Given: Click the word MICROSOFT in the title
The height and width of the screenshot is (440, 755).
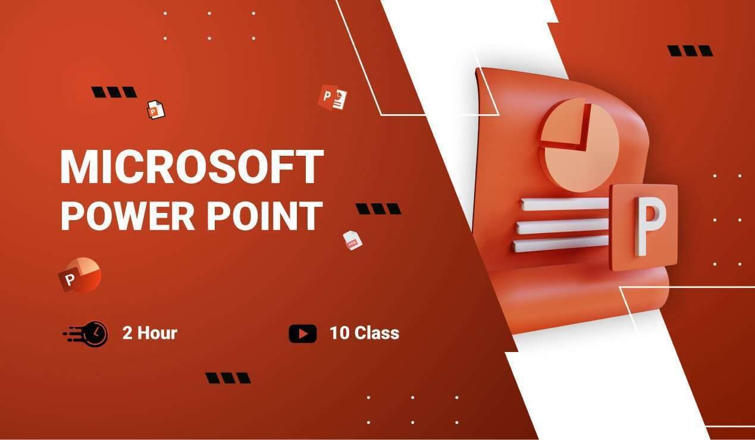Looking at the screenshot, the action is point(192,166).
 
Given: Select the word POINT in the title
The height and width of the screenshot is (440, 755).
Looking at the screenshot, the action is point(265,216).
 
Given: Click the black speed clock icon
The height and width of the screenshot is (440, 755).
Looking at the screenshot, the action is point(86,334).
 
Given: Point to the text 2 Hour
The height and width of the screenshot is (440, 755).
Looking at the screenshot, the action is point(150,333).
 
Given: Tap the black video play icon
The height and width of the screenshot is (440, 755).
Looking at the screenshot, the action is point(303,334).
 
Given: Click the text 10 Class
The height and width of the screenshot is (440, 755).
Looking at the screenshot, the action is point(364,333).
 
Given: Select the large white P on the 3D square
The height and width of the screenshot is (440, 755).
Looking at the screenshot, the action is point(650,227).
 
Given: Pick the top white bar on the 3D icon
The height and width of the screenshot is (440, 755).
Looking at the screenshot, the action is point(564,204).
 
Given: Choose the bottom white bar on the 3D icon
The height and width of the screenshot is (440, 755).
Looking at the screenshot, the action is point(561,244).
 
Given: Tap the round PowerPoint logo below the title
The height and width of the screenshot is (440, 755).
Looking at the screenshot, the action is point(80,275).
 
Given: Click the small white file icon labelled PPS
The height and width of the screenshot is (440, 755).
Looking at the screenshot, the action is point(352,240).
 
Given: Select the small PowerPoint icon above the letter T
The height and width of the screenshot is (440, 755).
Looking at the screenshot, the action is point(333,97).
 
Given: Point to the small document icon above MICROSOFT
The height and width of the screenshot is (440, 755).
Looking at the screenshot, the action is point(156,109).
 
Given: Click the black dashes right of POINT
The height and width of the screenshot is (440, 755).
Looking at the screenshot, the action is point(378,209).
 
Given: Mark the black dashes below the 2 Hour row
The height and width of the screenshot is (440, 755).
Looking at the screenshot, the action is point(228,378).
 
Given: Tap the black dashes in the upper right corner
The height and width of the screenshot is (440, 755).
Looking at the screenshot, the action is point(690,51).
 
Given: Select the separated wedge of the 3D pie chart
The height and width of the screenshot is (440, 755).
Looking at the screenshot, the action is point(566,125).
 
